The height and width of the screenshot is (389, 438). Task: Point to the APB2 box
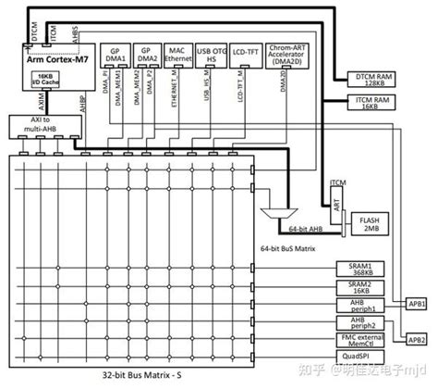coord(417,340)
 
